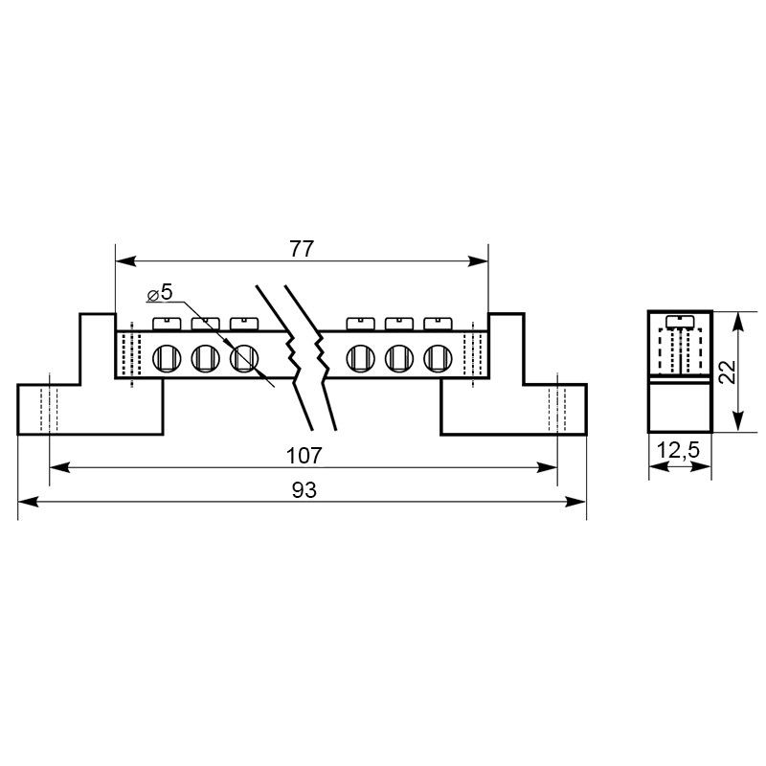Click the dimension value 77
pyautogui.click(x=301, y=249)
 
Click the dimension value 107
pyautogui.click(x=304, y=456)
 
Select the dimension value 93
pyautogui.click(x=304, y=490)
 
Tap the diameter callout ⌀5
pyautogui.click(x=160, y=293)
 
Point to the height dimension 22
pyautogui.click(x=728, y=372)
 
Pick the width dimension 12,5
pyautogui.click(x=678, y=450)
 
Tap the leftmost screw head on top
pyautogui.click(x=167, y=324)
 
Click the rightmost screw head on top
pyautogui.click(x=438, y=324)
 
